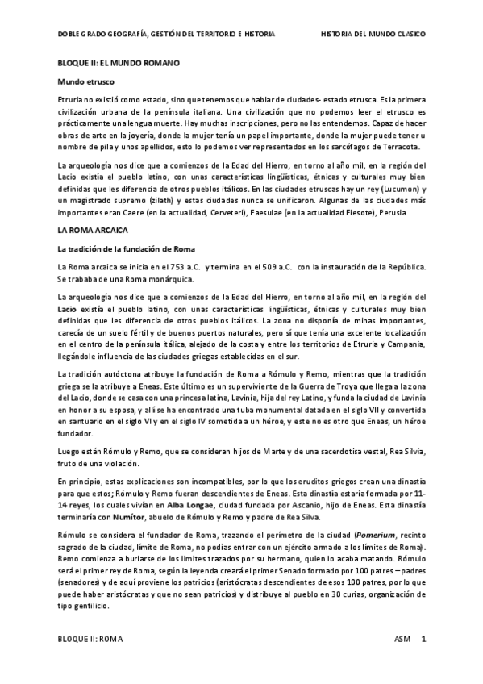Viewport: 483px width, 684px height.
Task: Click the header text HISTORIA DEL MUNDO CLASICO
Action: [x=373, y=35]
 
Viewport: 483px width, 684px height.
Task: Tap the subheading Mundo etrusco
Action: [x=85, y=82]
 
